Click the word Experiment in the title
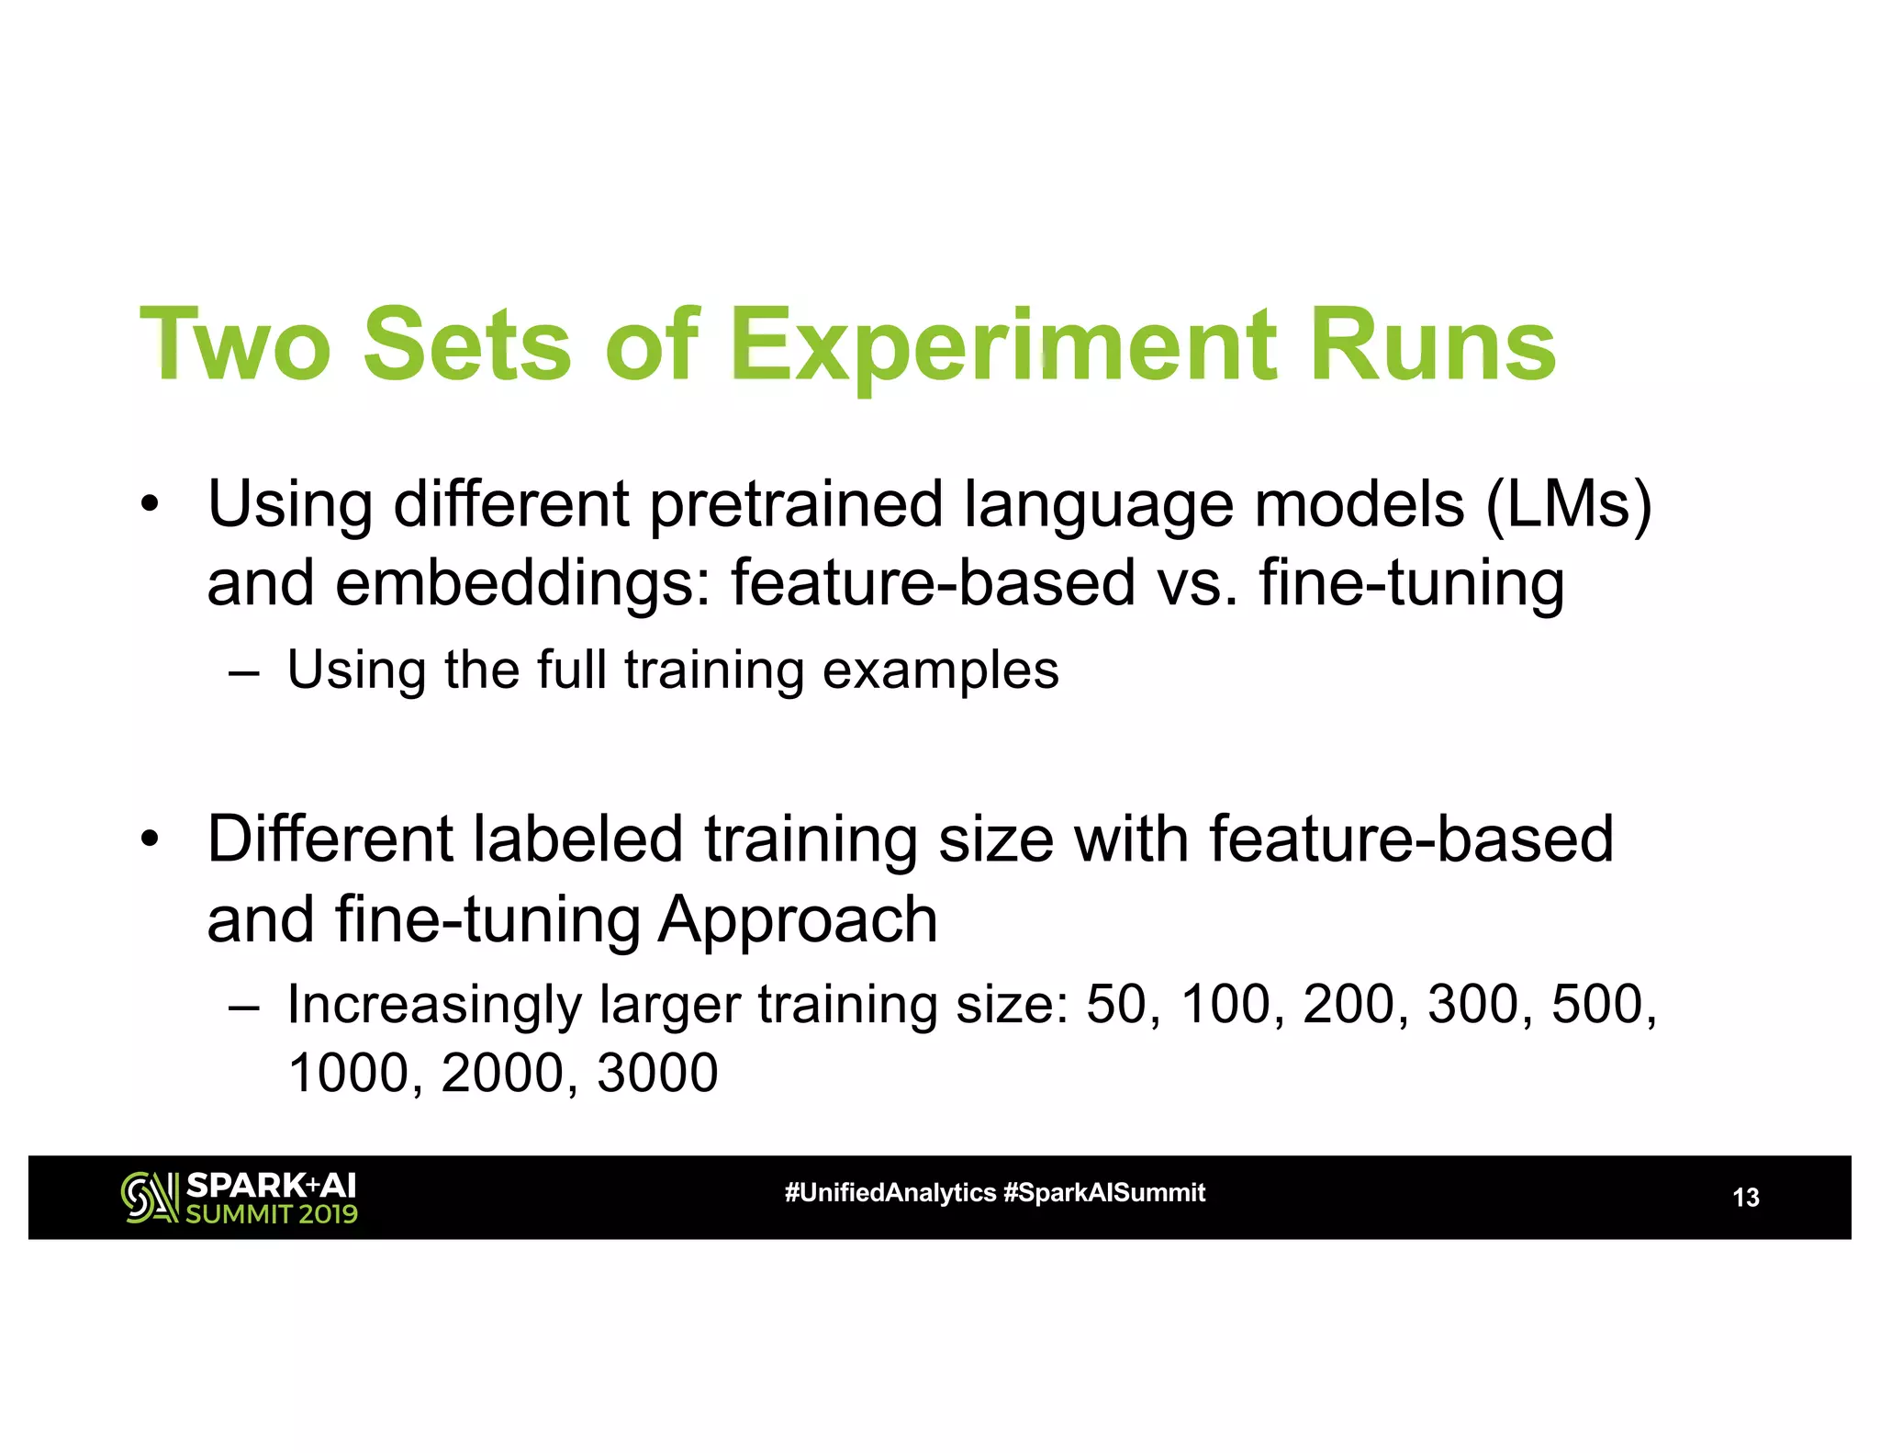[1003, 346]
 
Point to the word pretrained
[797, 505]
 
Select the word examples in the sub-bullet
[940, 670]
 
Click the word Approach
[798, 920]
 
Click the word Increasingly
[434, 1004]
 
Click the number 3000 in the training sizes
[657, 1072]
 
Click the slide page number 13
[1745, 1198]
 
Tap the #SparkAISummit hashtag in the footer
[1104, 1193]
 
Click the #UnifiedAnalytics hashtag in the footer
[890, 1193]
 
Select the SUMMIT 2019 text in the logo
[272, 1214]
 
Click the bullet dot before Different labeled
[150, 839]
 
